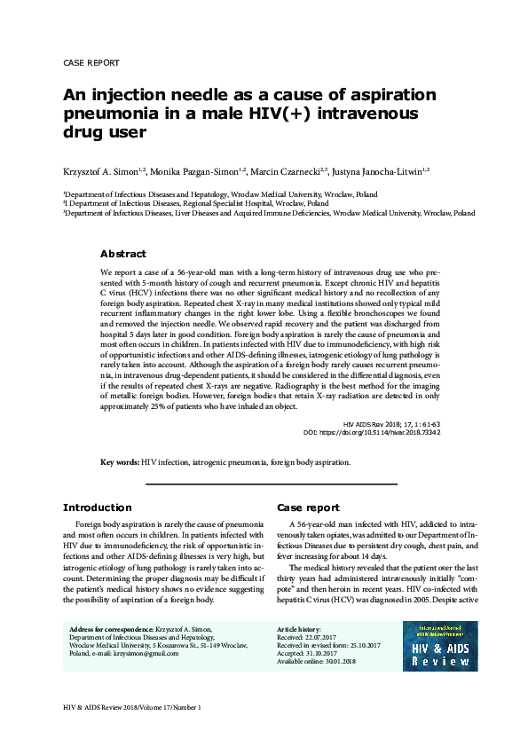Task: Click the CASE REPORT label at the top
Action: [91, 64]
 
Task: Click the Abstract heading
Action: [123, 254]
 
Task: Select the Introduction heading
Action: [97, 507]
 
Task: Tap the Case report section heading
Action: [308, 507]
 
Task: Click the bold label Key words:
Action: [120, 462]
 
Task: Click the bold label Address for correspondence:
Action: [111, 629]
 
